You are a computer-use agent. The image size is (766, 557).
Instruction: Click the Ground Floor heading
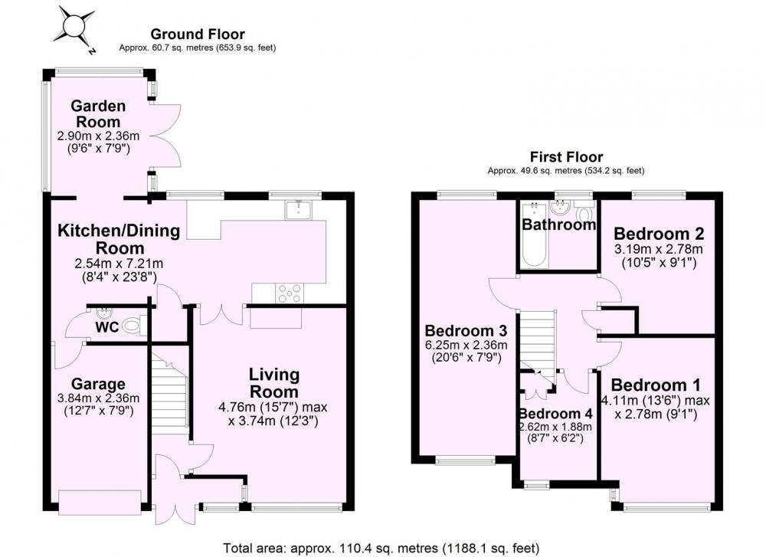point(198,34)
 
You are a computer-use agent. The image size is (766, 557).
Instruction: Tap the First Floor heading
point(566,157)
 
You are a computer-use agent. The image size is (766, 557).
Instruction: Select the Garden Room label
point(98,114)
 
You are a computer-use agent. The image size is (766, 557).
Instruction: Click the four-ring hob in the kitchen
point(290,293)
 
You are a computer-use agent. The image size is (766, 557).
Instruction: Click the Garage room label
point(98,384)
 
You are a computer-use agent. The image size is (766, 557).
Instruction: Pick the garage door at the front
point(100,503)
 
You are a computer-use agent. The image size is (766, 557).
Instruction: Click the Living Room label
point(273,383)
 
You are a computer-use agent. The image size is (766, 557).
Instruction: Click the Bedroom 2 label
point(659,234)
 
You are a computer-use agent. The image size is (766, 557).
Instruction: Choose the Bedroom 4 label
point(556,414)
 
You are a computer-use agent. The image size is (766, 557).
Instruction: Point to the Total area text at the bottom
point(381,549)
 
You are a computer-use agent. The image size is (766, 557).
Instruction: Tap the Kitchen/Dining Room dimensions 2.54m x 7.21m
point(119,264)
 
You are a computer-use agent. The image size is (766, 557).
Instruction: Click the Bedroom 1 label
point(656,385)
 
